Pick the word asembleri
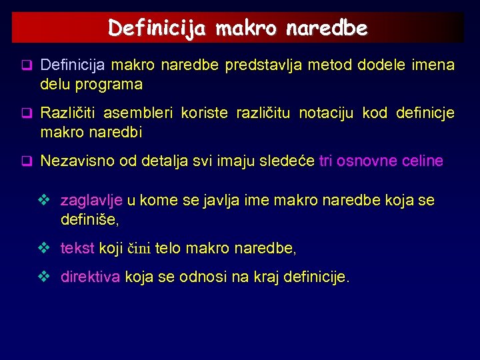click(132, 113)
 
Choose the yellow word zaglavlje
click(91, 200)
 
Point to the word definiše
click(89, 219)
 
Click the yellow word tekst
click(77, 249)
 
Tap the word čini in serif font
click(139, 249)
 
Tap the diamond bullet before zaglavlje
click(45, 200)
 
